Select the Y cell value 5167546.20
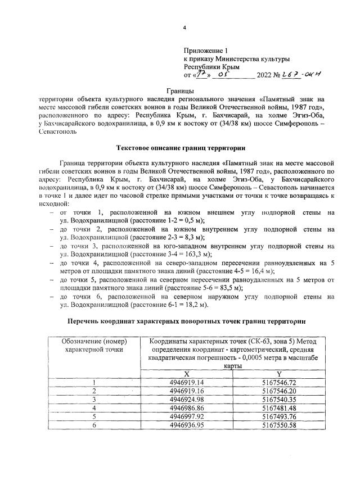click(x=279, y=391)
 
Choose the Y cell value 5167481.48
click(x=279, y=407)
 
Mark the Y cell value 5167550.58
click(x=279, y=424)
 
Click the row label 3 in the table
click(x=94, y=399)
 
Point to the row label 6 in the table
click(x=94, y=424)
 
